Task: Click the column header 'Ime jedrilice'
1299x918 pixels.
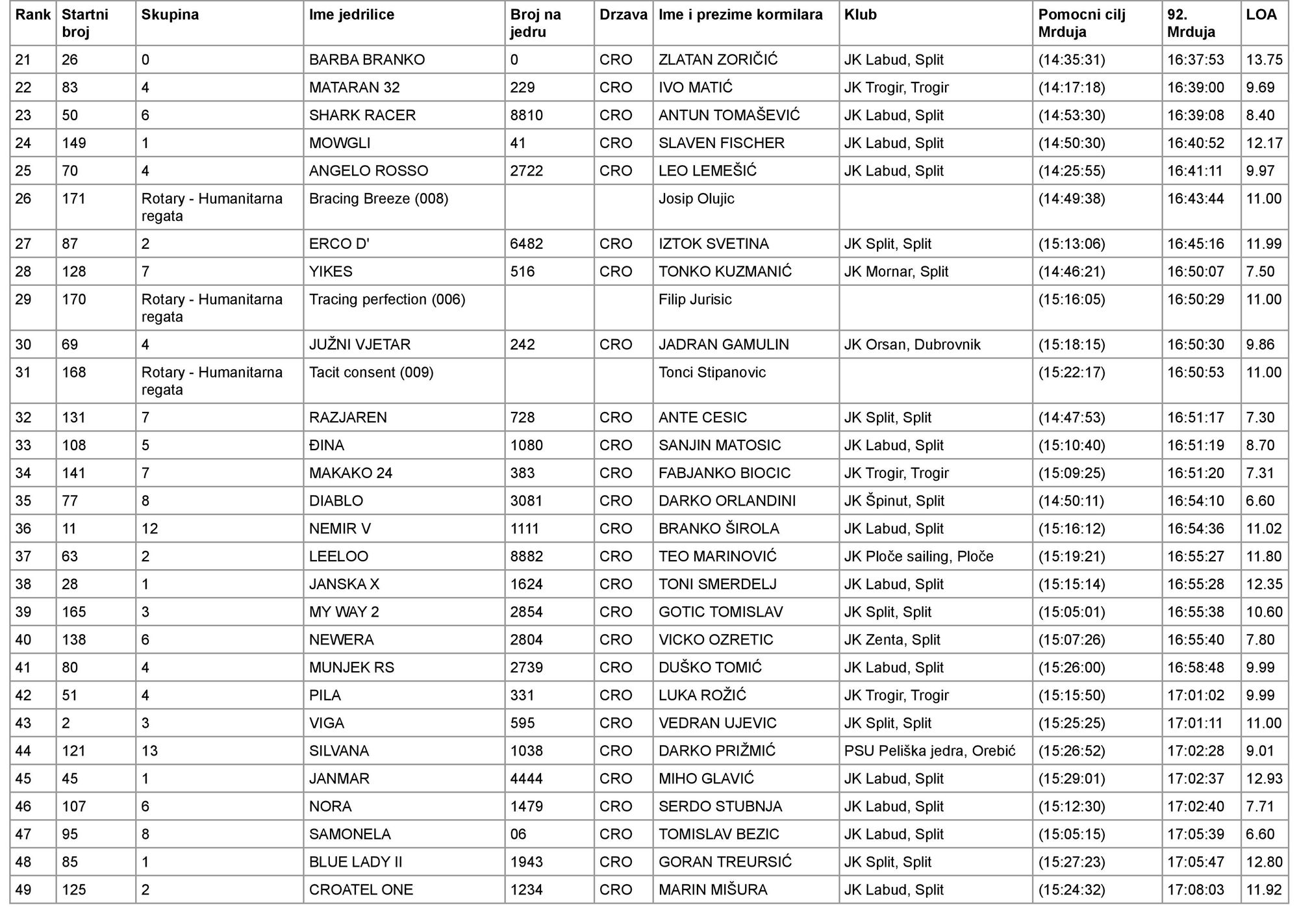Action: pos(351,15)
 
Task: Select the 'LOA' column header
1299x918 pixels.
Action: pos(1261,15)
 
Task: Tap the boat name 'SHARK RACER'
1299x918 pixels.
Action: pos(362,116)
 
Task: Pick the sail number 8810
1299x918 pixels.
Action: pos(526,116)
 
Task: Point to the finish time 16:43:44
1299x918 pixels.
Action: pos(1195,199)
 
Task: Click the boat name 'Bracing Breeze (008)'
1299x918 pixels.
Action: pos(379,199)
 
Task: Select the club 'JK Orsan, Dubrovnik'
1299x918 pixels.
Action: pos(912,344)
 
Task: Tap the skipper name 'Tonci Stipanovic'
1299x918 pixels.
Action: pos(712,372)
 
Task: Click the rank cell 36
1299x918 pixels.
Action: pos(23,529)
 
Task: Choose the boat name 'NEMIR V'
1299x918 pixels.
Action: pos(340,529)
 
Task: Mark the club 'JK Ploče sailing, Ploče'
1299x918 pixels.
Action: pos(918,557)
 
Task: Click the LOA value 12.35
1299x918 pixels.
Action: pos(1264,584)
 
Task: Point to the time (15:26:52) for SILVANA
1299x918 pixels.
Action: pos(1071,751)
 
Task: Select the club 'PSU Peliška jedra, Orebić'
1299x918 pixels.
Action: pos(929,751)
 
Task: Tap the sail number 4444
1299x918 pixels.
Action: pos(526,778)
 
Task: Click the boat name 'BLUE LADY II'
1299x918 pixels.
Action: pos(355,862)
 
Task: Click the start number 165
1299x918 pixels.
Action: pos(73,612)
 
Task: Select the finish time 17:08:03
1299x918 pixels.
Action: pos(1195,890)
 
